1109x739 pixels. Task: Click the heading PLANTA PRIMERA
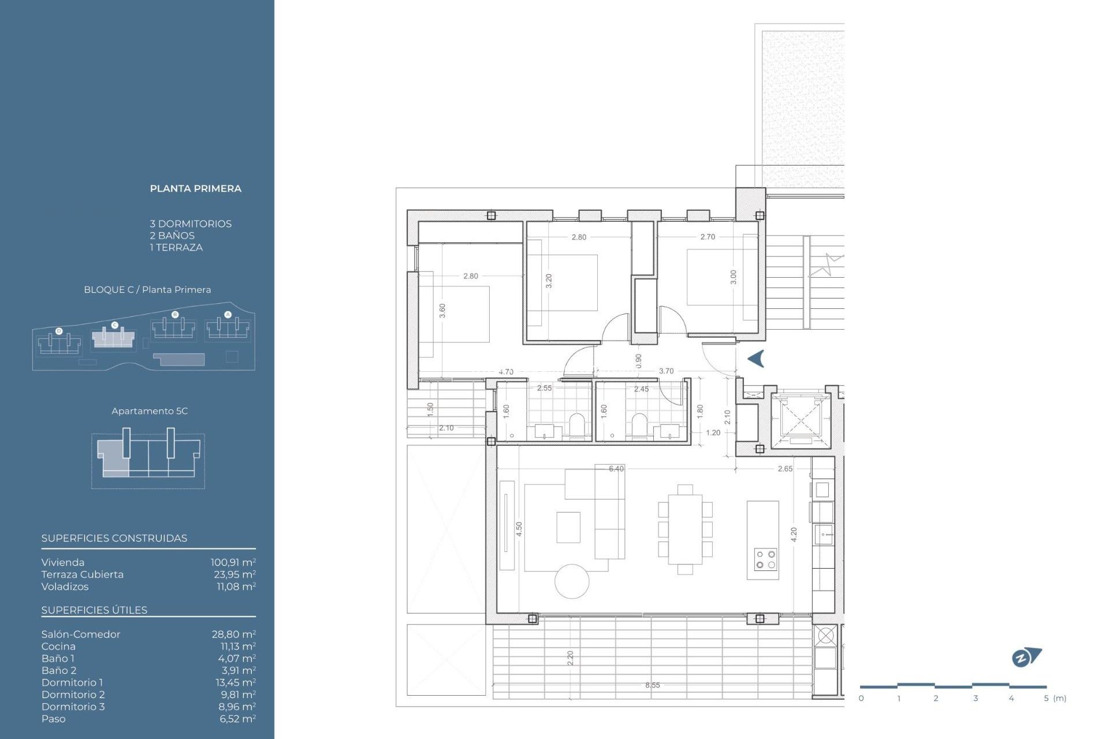(195, 188)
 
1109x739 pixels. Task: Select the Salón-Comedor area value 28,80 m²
(233, 634)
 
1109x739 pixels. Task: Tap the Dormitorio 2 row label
(73, 695)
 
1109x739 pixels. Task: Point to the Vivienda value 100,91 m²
(233, 562)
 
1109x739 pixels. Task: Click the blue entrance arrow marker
(756, 359)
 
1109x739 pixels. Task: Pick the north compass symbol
(1026, 657)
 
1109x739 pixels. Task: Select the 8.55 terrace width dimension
(652, 685)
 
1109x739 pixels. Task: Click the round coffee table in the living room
(572, 581)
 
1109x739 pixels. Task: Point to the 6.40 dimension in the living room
(616, 469)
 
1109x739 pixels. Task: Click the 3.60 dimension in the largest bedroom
(442, 311)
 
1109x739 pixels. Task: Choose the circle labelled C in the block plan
(114, 326)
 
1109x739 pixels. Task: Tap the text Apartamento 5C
(150, 411)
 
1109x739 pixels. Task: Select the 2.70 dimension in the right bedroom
(707, 237)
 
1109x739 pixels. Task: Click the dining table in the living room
(685, 529)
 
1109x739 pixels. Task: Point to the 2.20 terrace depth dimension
(570, 658)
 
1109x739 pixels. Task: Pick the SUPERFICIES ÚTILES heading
(94, 610)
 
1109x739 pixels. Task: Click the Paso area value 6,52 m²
(237, 719)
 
